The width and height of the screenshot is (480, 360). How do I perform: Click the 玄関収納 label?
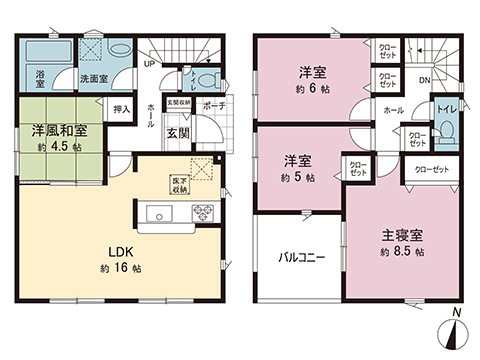click(x=178, y=101)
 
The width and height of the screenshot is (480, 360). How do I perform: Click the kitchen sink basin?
click(x=161, y=214)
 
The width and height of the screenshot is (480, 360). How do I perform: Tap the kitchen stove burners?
click(x=202, y=213)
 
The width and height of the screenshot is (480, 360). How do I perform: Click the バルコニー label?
click(x=302, y=257)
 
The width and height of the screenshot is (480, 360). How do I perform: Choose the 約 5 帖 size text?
click(x=298, y=177)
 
